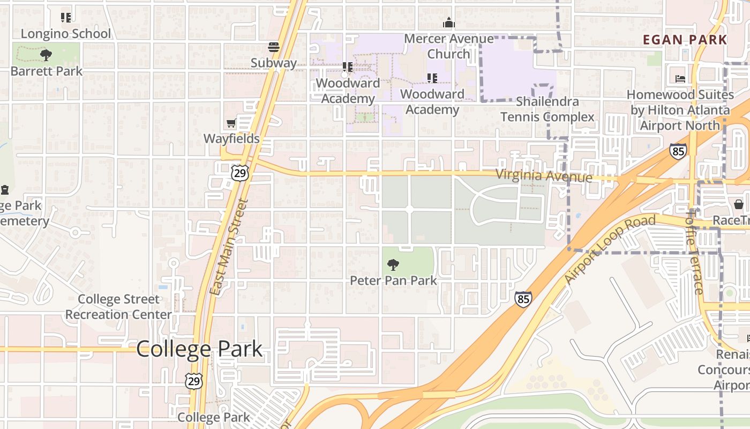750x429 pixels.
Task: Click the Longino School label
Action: click(66, 34)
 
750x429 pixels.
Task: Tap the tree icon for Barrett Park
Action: click(46, 55)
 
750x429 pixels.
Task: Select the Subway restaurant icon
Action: click(274, 47)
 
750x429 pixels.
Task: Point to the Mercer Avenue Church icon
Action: click(449, 23)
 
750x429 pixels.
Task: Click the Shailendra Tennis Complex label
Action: click(547, 109)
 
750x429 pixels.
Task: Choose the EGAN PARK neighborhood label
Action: click(685, 40)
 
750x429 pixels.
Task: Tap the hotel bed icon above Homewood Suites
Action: click(680, 79)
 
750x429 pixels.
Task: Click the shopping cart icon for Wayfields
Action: click(231, 123)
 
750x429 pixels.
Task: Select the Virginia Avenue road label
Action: click(544, 175)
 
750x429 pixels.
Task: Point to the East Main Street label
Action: click(229, 247)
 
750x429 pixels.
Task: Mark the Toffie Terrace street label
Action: click(695, 252)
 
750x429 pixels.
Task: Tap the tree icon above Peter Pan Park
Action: click(393, 264)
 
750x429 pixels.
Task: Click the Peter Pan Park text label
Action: click(393, 280)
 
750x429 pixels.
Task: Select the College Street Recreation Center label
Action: click(118, 307)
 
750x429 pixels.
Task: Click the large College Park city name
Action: click(199, 349)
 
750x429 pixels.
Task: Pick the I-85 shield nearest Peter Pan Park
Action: click(523, 299)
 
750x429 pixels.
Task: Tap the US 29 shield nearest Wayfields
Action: click(240, 172)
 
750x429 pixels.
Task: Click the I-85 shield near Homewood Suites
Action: click(678, 151)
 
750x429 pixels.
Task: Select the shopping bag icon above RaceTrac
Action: click(738, 204)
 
